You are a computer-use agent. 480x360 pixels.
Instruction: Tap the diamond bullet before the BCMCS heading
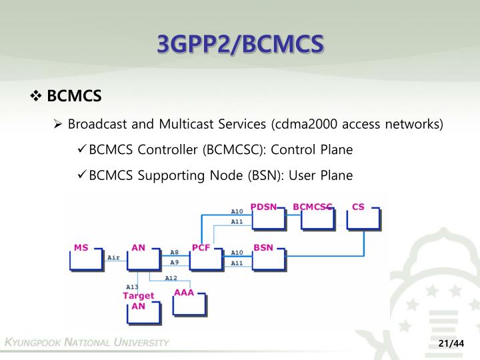pyautogui.click(x=36, y=97)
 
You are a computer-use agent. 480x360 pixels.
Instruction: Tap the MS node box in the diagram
pyautogui.click(x=86, y=257)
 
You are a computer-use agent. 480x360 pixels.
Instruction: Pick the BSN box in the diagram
pyautogui.click(x=268, y=257)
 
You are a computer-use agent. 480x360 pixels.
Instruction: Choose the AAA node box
pyautogui.click(x=189, y=302)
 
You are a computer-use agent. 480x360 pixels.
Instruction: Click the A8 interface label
pyautogui.click(x=174, y=253)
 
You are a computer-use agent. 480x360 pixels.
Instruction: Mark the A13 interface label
pyautogui.click(x=132, y=287)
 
